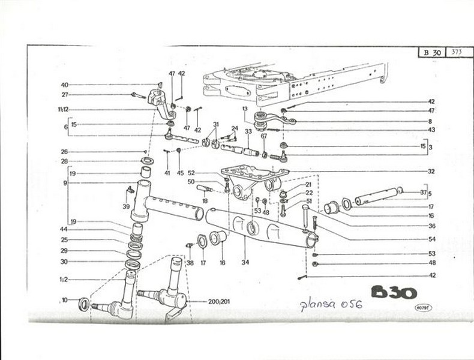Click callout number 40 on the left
pyautogui.click(x=65, y=85)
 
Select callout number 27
pyautogui.click(x=65, y=94)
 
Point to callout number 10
pyautogui.click(x=65, y=300)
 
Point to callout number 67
pyautogui.click(x=263, y=136)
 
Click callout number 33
pyautogui.click(x=248, y=131)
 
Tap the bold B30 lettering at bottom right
pyautogui.click(x=394, y=292)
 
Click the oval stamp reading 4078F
pyautogui.click(x=424, y=307)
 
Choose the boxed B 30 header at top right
pyautogui.click(x=432, y=52)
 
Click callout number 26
pyautogui.click(x=65, y=152)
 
